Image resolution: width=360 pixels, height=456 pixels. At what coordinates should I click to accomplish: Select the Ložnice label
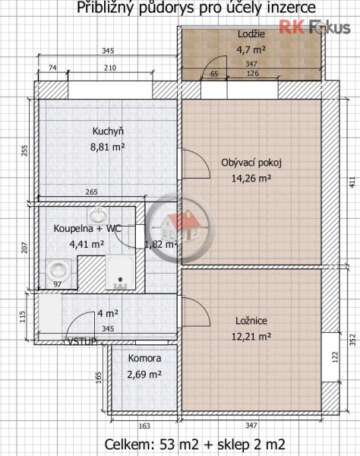click(251, 321)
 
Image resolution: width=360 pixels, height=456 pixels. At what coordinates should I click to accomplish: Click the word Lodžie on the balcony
click(250, 35)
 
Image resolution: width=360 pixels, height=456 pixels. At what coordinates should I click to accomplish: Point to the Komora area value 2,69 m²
click(144, 374)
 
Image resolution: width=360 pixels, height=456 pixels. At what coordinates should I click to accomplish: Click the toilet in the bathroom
click(57, 270)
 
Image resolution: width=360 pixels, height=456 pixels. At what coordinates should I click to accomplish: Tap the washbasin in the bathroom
click(96, 215)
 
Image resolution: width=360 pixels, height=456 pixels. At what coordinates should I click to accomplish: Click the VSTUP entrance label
click(81, 341)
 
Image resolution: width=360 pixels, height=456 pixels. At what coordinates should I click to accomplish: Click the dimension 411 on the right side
click(351, 182)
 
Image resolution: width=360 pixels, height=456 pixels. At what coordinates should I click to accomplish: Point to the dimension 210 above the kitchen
click(110, 68)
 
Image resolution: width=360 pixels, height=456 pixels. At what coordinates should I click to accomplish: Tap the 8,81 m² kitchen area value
click(109, 147)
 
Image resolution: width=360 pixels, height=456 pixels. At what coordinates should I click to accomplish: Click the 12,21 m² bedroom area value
click(251, 335)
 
